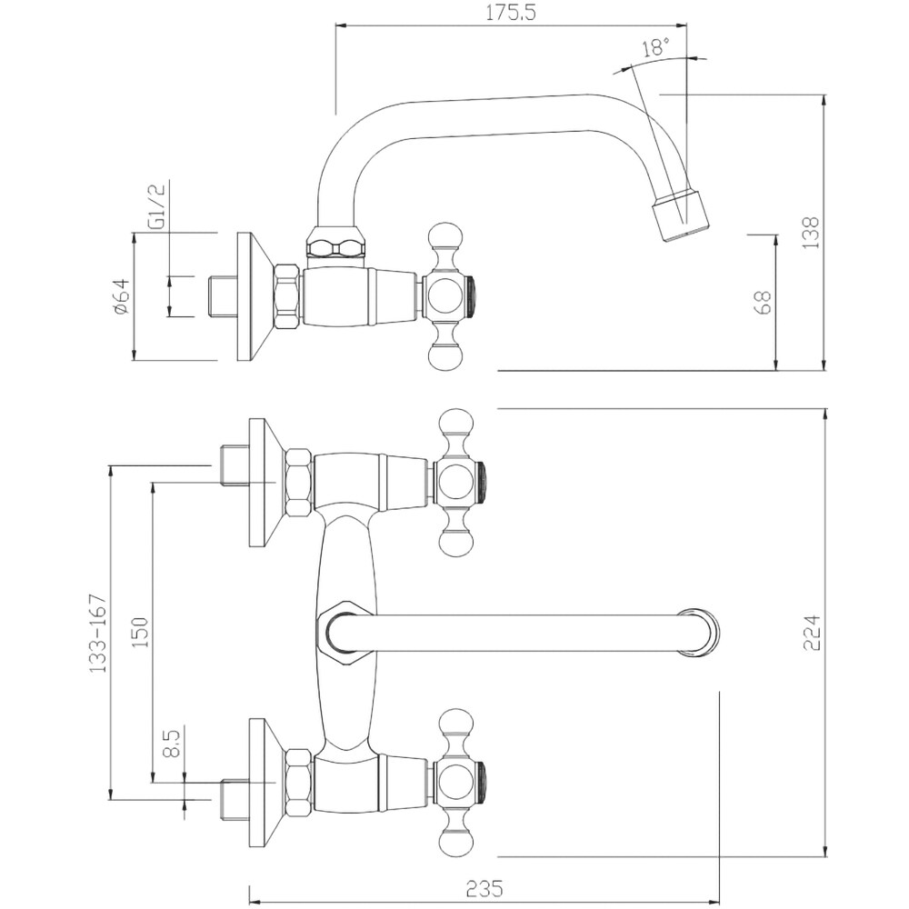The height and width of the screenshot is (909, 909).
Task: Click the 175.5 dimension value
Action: (511, 13)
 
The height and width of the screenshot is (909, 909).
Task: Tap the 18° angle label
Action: (655, 46)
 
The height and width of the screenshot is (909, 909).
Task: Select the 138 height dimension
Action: (812, 233)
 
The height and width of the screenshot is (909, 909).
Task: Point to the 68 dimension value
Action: (764, 302)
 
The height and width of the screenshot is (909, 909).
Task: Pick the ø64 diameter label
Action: (121, 296)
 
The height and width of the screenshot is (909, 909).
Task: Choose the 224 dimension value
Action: (812, 633)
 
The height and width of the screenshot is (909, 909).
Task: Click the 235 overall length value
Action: (484, 887)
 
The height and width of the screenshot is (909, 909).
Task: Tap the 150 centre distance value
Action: (140, 632)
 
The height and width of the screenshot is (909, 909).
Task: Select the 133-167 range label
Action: (98, 633)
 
